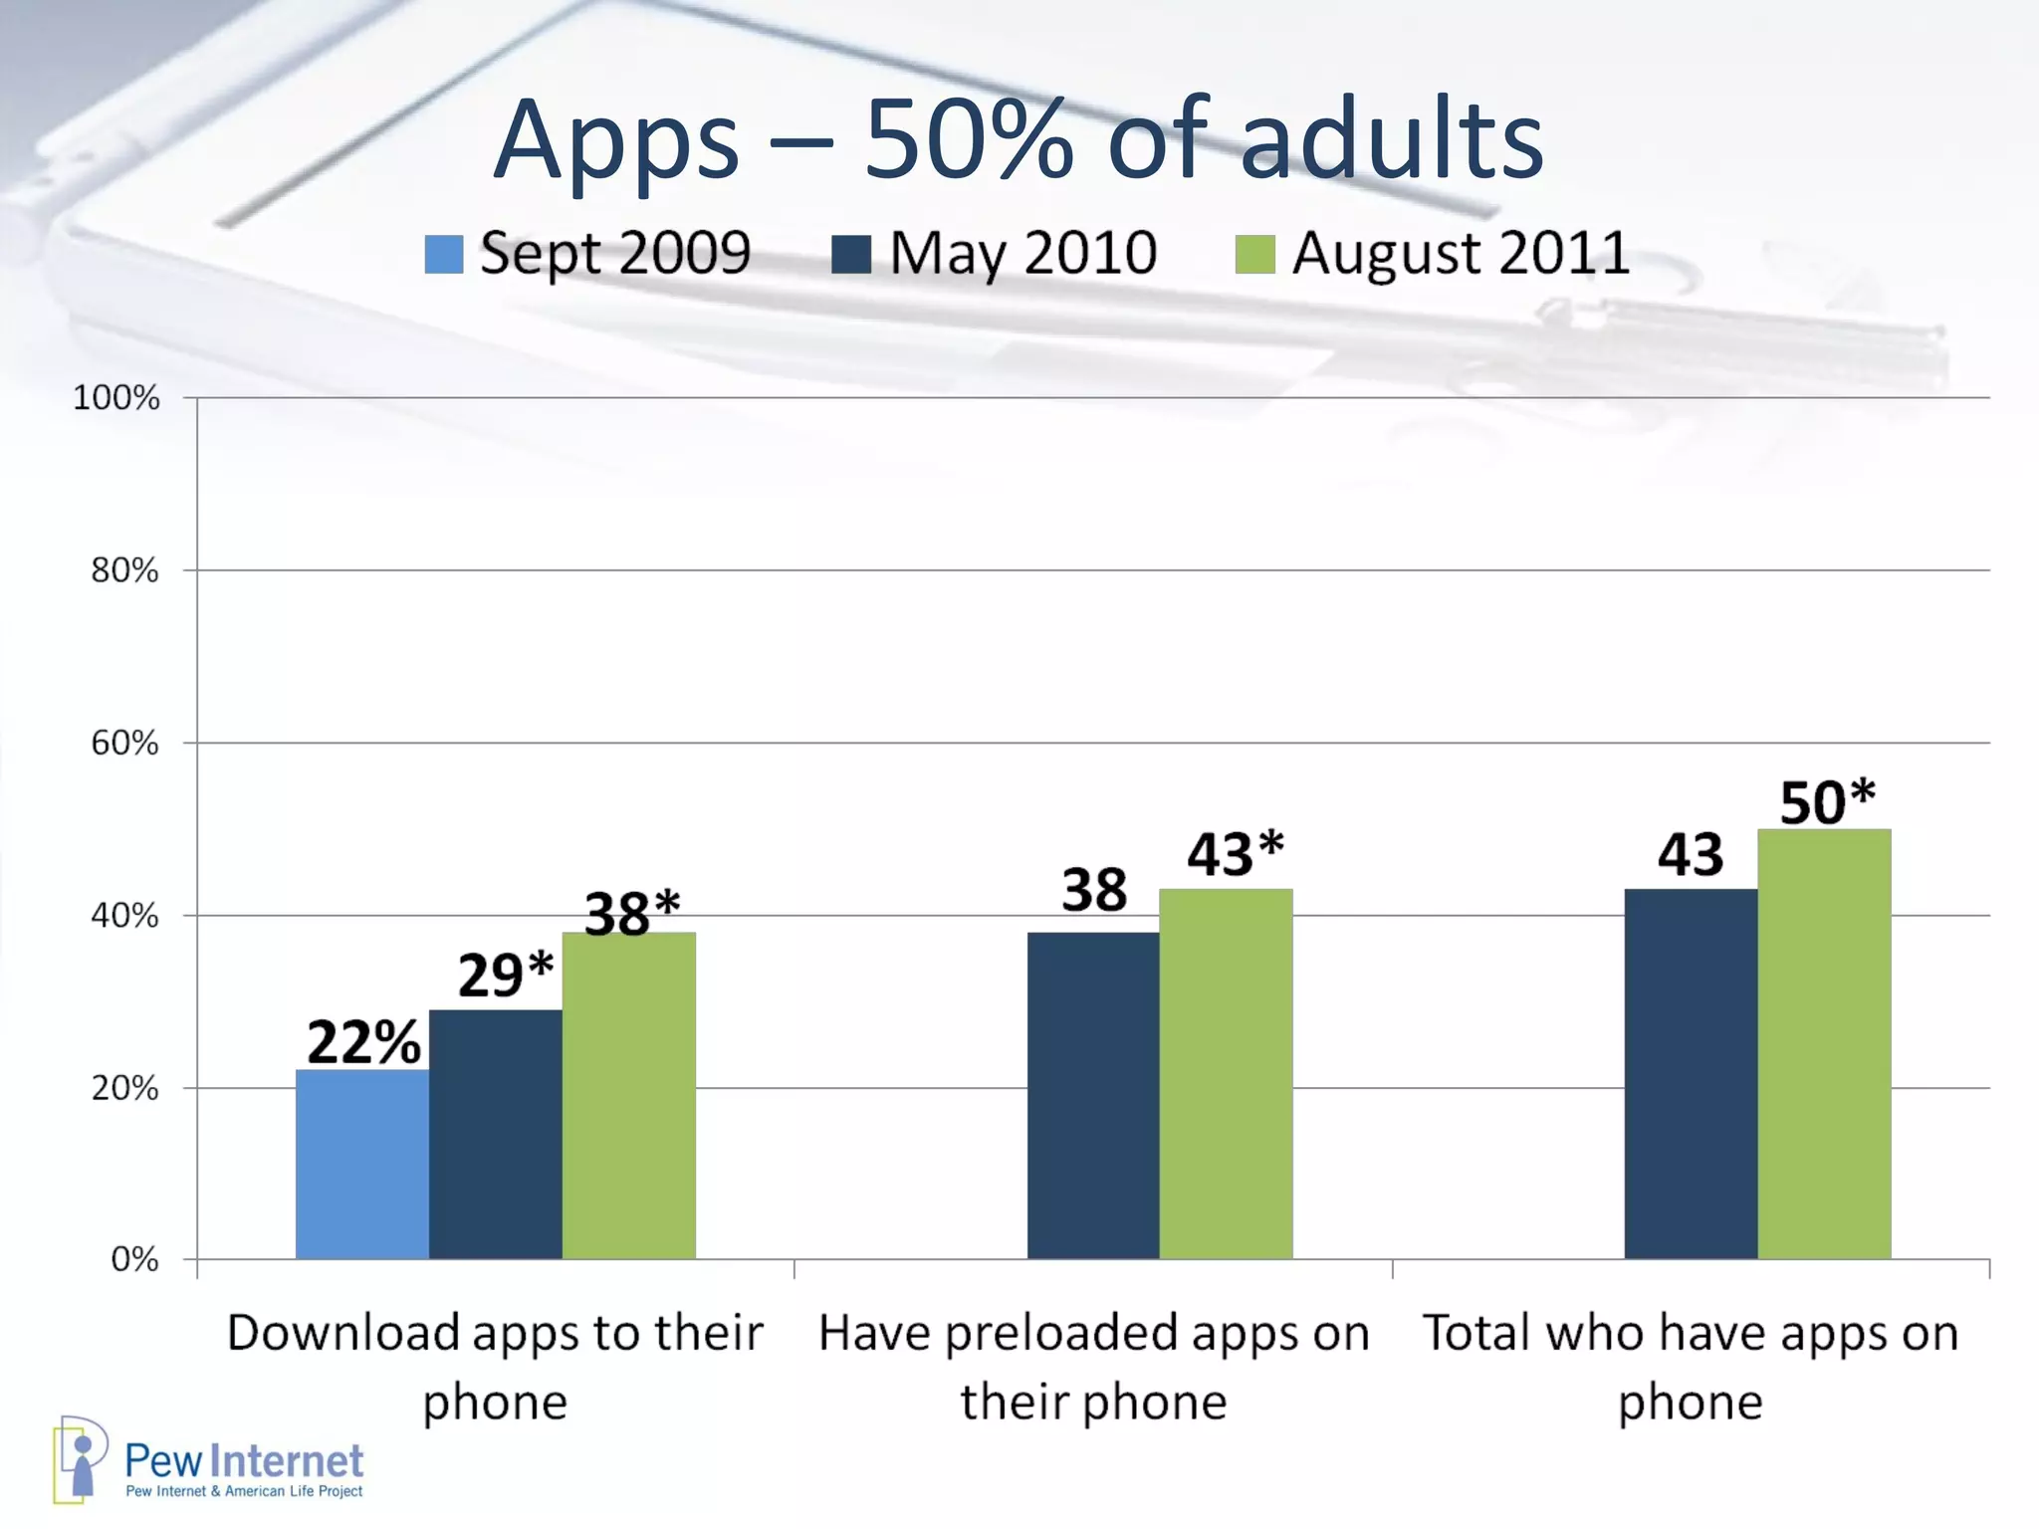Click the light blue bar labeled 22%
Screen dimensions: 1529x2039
pyautogui.click(x=362, y=1164)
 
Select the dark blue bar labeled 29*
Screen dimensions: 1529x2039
pyautogui.click(x=495, y=1134)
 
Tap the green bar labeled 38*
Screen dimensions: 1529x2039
pyautogui.click(x=628, y=1095)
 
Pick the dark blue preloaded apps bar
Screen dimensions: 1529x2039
pyautogui.click(x=1093, y=1095)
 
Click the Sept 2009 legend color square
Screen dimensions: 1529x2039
pyautogui.click(x=444, y=254)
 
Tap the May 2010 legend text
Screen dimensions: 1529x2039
pyautogui.click(x=1022, y=253)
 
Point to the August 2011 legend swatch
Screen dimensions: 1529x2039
pyautogui.click(x=1254, y=254)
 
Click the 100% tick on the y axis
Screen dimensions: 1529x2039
pyautogui.click(x=115, y=398)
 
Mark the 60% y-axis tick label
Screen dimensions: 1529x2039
pyautogui.click(x=124, y=744)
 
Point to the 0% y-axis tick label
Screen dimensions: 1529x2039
pyautogui.click(x=134, y=1259)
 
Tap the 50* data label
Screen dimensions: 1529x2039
pyautogui.click(x=1826, y=802)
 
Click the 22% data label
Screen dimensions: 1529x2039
pyautogui.click(x=363, y=1042)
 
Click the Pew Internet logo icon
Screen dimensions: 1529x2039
pyautogui.click(x=80, y=1458)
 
